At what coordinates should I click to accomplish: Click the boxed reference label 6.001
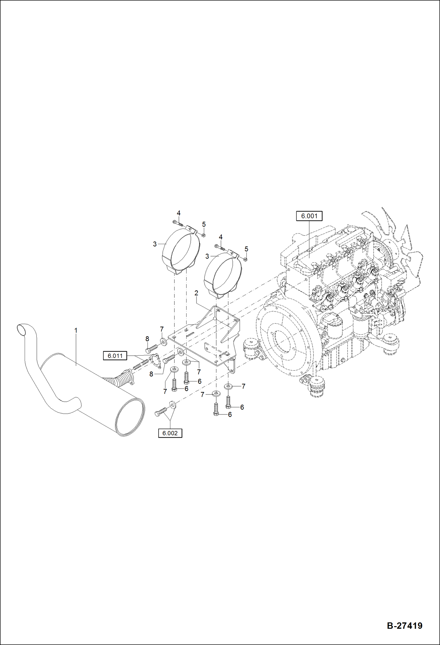pos(309,216)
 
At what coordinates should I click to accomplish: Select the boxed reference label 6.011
pos(115,356)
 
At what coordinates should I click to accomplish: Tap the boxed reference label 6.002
pos(170,433)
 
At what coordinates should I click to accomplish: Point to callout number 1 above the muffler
pos(76,330)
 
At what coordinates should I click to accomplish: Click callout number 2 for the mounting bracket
pos(196,293)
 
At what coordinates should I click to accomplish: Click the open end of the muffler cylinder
pos(130,416)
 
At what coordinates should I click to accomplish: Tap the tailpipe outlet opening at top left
pos(21,330)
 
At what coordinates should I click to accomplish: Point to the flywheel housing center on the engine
pos(282,341)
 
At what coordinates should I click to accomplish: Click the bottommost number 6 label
pos(230,414)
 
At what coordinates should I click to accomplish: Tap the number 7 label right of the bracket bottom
pos(243,386)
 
